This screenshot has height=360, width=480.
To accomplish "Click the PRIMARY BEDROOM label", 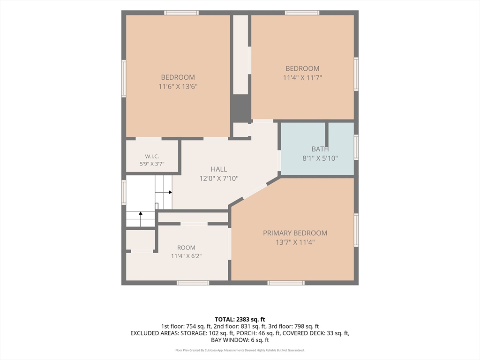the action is [295, 233].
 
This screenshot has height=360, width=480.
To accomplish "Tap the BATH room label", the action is [320, 149].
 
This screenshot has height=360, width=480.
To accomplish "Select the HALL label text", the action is [219, 169].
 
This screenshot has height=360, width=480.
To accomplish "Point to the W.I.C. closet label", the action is [152, 157].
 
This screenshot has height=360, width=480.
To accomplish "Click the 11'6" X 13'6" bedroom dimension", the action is [178, 87].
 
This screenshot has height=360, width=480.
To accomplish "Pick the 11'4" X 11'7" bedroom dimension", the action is [302, 78].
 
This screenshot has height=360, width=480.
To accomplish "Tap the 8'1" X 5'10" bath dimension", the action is [320, 158].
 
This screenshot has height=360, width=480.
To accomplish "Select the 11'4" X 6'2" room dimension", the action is [186, 256].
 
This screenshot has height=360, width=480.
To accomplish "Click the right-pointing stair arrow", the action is [164, 192].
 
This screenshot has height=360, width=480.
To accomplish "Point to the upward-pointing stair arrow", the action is [141, 219].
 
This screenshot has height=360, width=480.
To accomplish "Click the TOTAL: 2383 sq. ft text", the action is [240, 320].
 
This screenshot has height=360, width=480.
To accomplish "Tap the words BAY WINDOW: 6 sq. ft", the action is [240, 340].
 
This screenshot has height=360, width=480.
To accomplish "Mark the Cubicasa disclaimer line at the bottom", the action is [240, 350].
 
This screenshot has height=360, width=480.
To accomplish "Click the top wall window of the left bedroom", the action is [181, 13].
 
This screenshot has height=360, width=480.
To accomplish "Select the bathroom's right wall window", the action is [356, 147].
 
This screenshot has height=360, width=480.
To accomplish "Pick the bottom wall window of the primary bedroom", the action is [286, 283].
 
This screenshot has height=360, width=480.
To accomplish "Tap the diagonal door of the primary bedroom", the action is [255, 192].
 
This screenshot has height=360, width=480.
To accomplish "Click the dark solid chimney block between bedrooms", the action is [240, 108].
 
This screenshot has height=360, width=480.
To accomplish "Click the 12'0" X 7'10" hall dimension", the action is [219, 179].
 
